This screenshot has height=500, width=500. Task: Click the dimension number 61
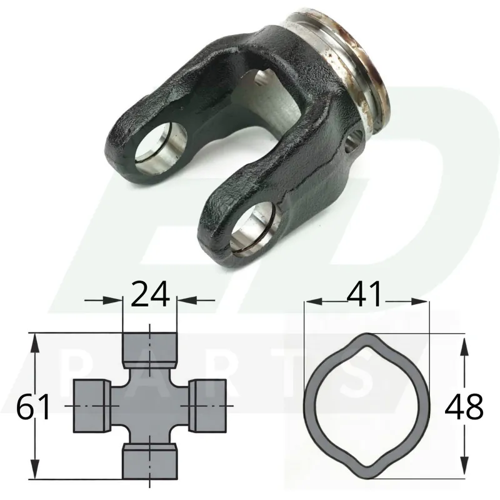pos(33,407)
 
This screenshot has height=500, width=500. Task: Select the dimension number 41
pos(364,294)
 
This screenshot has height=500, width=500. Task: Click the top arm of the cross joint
pos(149,350)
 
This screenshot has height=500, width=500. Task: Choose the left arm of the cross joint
pos(92,406)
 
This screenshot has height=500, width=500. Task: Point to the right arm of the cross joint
pos(207,406)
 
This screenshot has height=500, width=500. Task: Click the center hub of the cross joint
pos(149,406)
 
